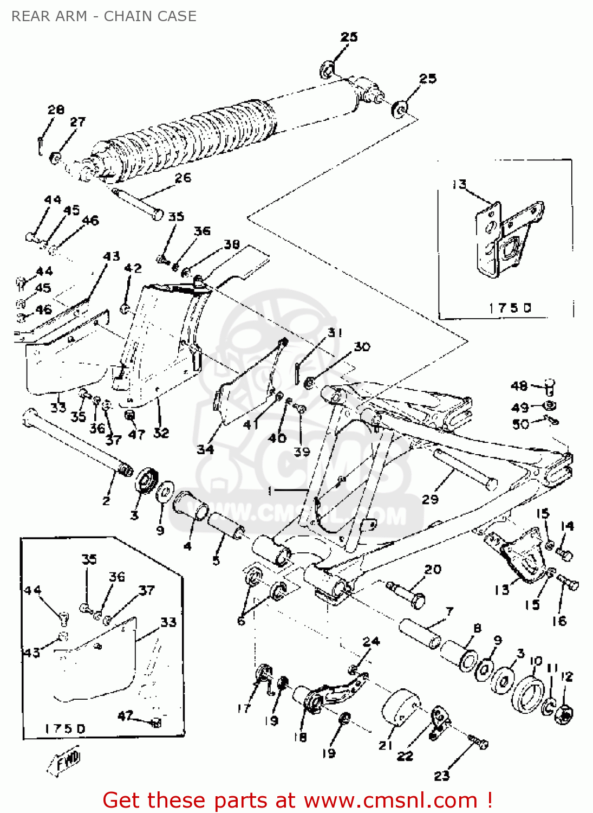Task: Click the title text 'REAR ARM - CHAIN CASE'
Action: [x=104, y=16]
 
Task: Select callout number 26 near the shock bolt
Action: [x=183, y=178]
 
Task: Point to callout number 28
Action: [x=56, y=109]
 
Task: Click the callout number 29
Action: [x=430, y=499]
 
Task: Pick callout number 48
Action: [x=519, y=386]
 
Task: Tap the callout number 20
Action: [x=433, y=569]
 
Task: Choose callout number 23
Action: [x=441, y=776]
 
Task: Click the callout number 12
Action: [x=566, y=676]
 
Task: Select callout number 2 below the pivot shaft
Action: [x=106, y=501]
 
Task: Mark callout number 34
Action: [x=205, y=449]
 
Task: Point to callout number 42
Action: [x=133, y=268]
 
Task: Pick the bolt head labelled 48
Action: [x=549, y=386]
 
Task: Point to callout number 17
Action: [x=244, y=708]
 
